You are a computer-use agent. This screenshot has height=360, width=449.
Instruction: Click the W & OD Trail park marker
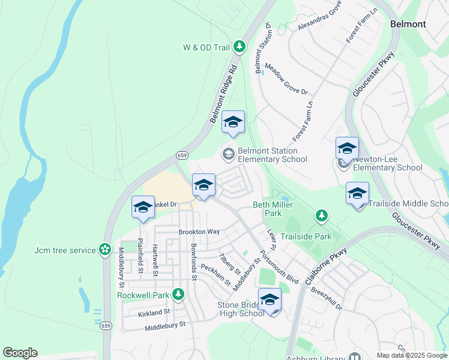click(x=240, y=46)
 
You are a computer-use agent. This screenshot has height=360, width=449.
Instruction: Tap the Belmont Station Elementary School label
click(x=272, y=155)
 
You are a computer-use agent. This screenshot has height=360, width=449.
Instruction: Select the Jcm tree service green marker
click(x=105, y=249)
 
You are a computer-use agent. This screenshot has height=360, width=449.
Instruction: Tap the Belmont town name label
click(x=408, y=24)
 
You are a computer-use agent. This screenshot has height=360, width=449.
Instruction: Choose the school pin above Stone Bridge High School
click(x=270, y=300)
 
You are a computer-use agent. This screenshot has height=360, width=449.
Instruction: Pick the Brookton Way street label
click(x=199, y=232)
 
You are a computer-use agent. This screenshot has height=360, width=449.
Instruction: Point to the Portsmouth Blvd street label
click(x=279, y=267)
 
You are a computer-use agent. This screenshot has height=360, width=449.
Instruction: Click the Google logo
click(x=20, y=353)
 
